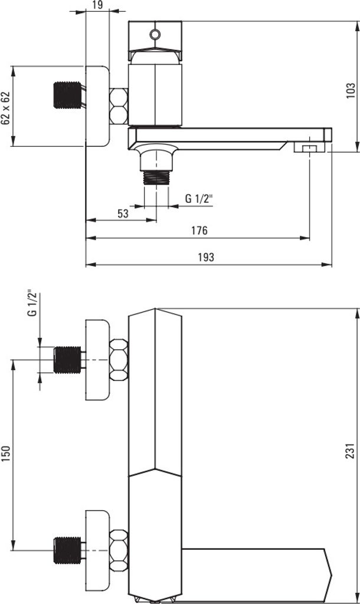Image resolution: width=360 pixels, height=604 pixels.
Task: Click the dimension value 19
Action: [x=98, y=5]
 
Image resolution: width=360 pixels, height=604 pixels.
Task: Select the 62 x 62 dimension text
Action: [x=5, y=109]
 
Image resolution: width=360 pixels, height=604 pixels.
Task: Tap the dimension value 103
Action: [x=351, y=90]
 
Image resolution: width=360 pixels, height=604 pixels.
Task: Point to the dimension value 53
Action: [x=123, y=214]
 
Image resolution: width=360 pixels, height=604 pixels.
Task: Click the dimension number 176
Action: [x=199, y=231]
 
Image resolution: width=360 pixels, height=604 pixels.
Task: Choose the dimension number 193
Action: [x=206, y=257]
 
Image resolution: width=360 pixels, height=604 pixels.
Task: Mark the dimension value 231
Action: [x=350, y=451]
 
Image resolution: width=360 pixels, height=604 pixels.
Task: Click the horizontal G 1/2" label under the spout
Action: [x=199, y=199]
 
